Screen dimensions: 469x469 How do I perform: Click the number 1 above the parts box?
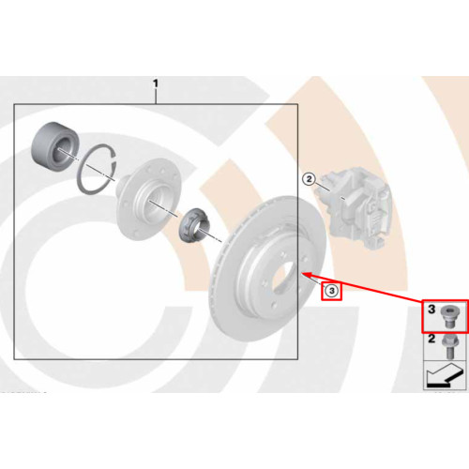[156, 83]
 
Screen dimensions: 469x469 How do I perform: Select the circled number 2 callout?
[310, 179]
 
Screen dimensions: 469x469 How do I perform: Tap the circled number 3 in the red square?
[332, 291]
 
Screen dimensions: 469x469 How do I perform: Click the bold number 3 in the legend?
[431, 310]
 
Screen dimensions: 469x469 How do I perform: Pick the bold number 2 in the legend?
[431, 339]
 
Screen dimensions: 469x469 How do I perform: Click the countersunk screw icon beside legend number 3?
[447, 317]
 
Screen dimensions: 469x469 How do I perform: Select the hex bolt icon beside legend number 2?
[448, 346]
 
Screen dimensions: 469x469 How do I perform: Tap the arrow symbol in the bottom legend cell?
[445, 375]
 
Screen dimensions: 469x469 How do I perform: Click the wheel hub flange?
[148, 199]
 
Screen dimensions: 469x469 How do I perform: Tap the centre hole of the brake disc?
[284, 275]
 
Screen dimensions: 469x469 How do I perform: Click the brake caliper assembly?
[355, 206]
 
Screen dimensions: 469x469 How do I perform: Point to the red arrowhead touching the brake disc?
[308, 275]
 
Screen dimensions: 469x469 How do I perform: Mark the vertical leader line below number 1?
[156, 97]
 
